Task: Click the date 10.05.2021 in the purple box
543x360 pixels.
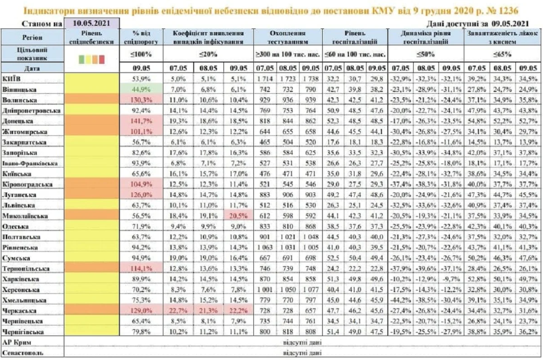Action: point(92,23)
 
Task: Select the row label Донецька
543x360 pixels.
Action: point(17,121)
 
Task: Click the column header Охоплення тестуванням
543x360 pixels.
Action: point(288,37)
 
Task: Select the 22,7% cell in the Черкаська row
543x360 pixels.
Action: point(178,310)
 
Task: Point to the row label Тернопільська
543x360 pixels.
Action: point(26,269)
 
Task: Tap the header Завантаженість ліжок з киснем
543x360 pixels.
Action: point(503,37)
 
